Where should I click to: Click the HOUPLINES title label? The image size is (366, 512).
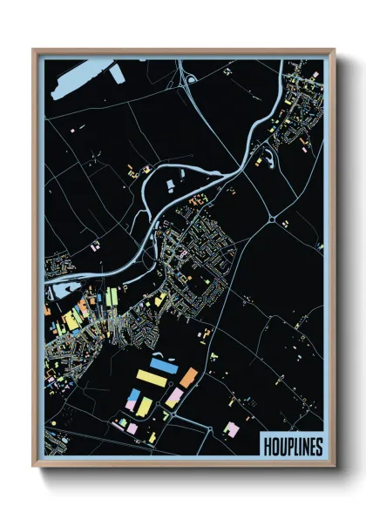292,446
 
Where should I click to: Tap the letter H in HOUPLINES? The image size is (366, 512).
268,446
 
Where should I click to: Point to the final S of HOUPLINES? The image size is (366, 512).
317,446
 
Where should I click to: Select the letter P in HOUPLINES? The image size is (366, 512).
286,446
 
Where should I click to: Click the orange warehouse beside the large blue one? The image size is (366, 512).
188,377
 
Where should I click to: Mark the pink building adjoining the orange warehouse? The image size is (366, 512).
175,397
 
